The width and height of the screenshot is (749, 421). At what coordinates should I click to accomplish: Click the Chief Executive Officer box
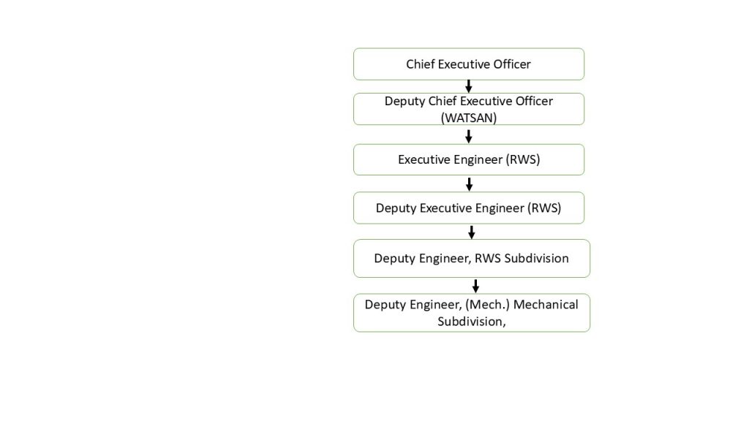click(x=469, y=64)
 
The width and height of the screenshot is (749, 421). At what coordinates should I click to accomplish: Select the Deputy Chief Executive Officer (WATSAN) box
click(x=469, y=110)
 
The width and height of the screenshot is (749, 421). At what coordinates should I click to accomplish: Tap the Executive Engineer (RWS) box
click(x=469, y=159)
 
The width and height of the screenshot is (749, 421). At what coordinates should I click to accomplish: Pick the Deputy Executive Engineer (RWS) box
click(x=469, y=208)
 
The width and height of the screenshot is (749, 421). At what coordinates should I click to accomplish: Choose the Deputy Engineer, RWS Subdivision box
click(x=472, y=258)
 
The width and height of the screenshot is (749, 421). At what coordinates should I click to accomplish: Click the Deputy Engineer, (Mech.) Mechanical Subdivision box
click(x=472, y=313)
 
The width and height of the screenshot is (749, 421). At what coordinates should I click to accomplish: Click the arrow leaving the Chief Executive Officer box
click(x=469, y=86)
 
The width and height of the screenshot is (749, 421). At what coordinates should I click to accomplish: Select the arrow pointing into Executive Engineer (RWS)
click(x=469, y=137)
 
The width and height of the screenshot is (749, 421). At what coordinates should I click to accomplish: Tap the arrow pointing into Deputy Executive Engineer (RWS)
click(x=469, y=184)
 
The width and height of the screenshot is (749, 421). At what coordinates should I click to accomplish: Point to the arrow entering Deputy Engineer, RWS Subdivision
click(x=472, y=232)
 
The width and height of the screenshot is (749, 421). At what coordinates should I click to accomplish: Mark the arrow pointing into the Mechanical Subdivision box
click(x=475, y=287)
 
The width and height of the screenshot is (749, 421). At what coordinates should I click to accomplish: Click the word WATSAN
click(x=469, y=118)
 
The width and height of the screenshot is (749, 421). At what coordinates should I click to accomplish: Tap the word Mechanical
click(x=546, y=305)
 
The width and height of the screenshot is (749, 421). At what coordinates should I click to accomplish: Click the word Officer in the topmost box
click(x=512, y=64)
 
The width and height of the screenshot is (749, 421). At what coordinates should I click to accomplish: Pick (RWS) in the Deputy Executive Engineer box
click(x=544, y=208)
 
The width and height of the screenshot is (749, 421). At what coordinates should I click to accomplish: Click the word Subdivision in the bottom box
click(x=472, y=322)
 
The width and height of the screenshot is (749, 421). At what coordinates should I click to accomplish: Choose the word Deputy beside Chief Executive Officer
click(x=404, y=102)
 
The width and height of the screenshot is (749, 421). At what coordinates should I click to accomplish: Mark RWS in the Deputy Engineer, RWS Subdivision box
click(x=488, y=258)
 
